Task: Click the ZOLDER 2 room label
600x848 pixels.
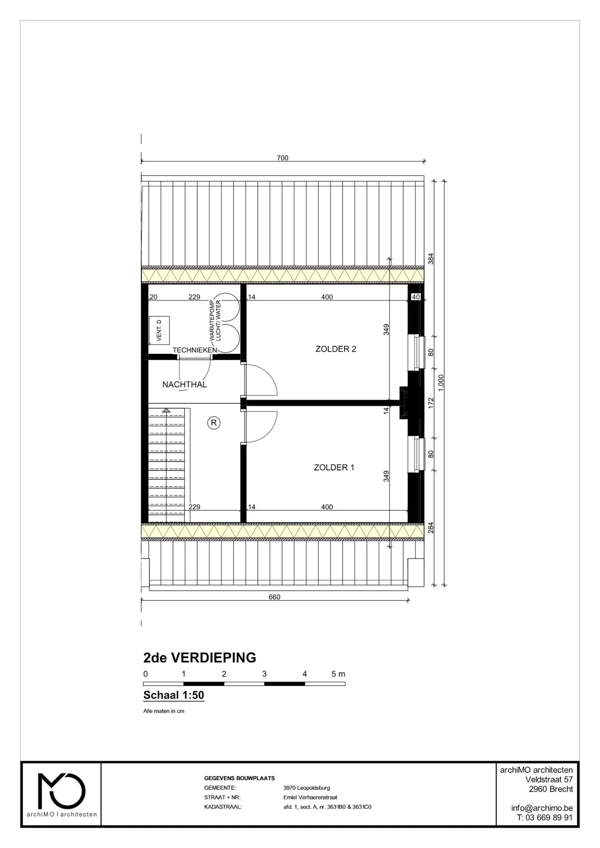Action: click(335, 349)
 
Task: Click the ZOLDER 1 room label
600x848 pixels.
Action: click(334, 467)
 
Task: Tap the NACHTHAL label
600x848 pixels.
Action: click(184, 384)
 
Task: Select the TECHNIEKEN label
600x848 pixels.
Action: click(194, 350)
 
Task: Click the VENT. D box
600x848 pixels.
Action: click(159, 330)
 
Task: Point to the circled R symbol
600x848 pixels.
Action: click(214, 423)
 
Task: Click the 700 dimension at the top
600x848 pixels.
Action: click(282, 158)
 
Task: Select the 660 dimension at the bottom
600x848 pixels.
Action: click(274, 597)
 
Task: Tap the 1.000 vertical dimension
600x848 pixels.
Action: click(441, 383)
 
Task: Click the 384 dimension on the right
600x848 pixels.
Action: click(431, 259)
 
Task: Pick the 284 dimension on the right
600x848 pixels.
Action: click(431, 528)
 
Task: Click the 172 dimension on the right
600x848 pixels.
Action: click(431, 403)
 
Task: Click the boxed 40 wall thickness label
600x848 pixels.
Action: click(416, 297)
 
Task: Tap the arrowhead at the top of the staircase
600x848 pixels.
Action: click(166, 410)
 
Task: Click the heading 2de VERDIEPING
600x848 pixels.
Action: click(200, 658)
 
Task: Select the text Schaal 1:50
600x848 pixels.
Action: click(174, 695)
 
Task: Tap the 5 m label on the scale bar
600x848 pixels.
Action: click(338, 674)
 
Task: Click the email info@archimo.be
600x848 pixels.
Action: click(541, 808)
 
